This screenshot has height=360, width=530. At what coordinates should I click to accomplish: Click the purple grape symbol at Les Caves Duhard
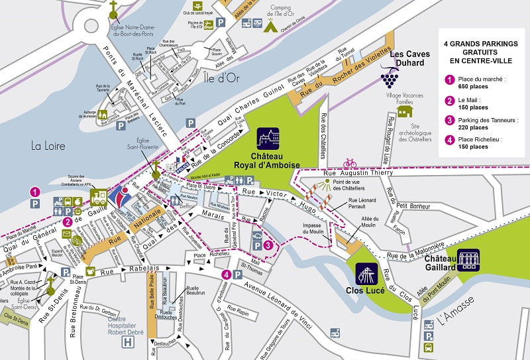[x=389, y=79]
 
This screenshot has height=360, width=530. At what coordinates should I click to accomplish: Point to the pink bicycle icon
[x=350, y=162]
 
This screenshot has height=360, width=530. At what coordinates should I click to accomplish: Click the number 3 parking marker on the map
[x=267, y=245]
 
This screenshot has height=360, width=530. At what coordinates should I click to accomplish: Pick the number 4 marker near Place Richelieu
[x=227, y=274]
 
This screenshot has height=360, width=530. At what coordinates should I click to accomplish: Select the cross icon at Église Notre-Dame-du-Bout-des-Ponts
[x=113, y=7]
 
